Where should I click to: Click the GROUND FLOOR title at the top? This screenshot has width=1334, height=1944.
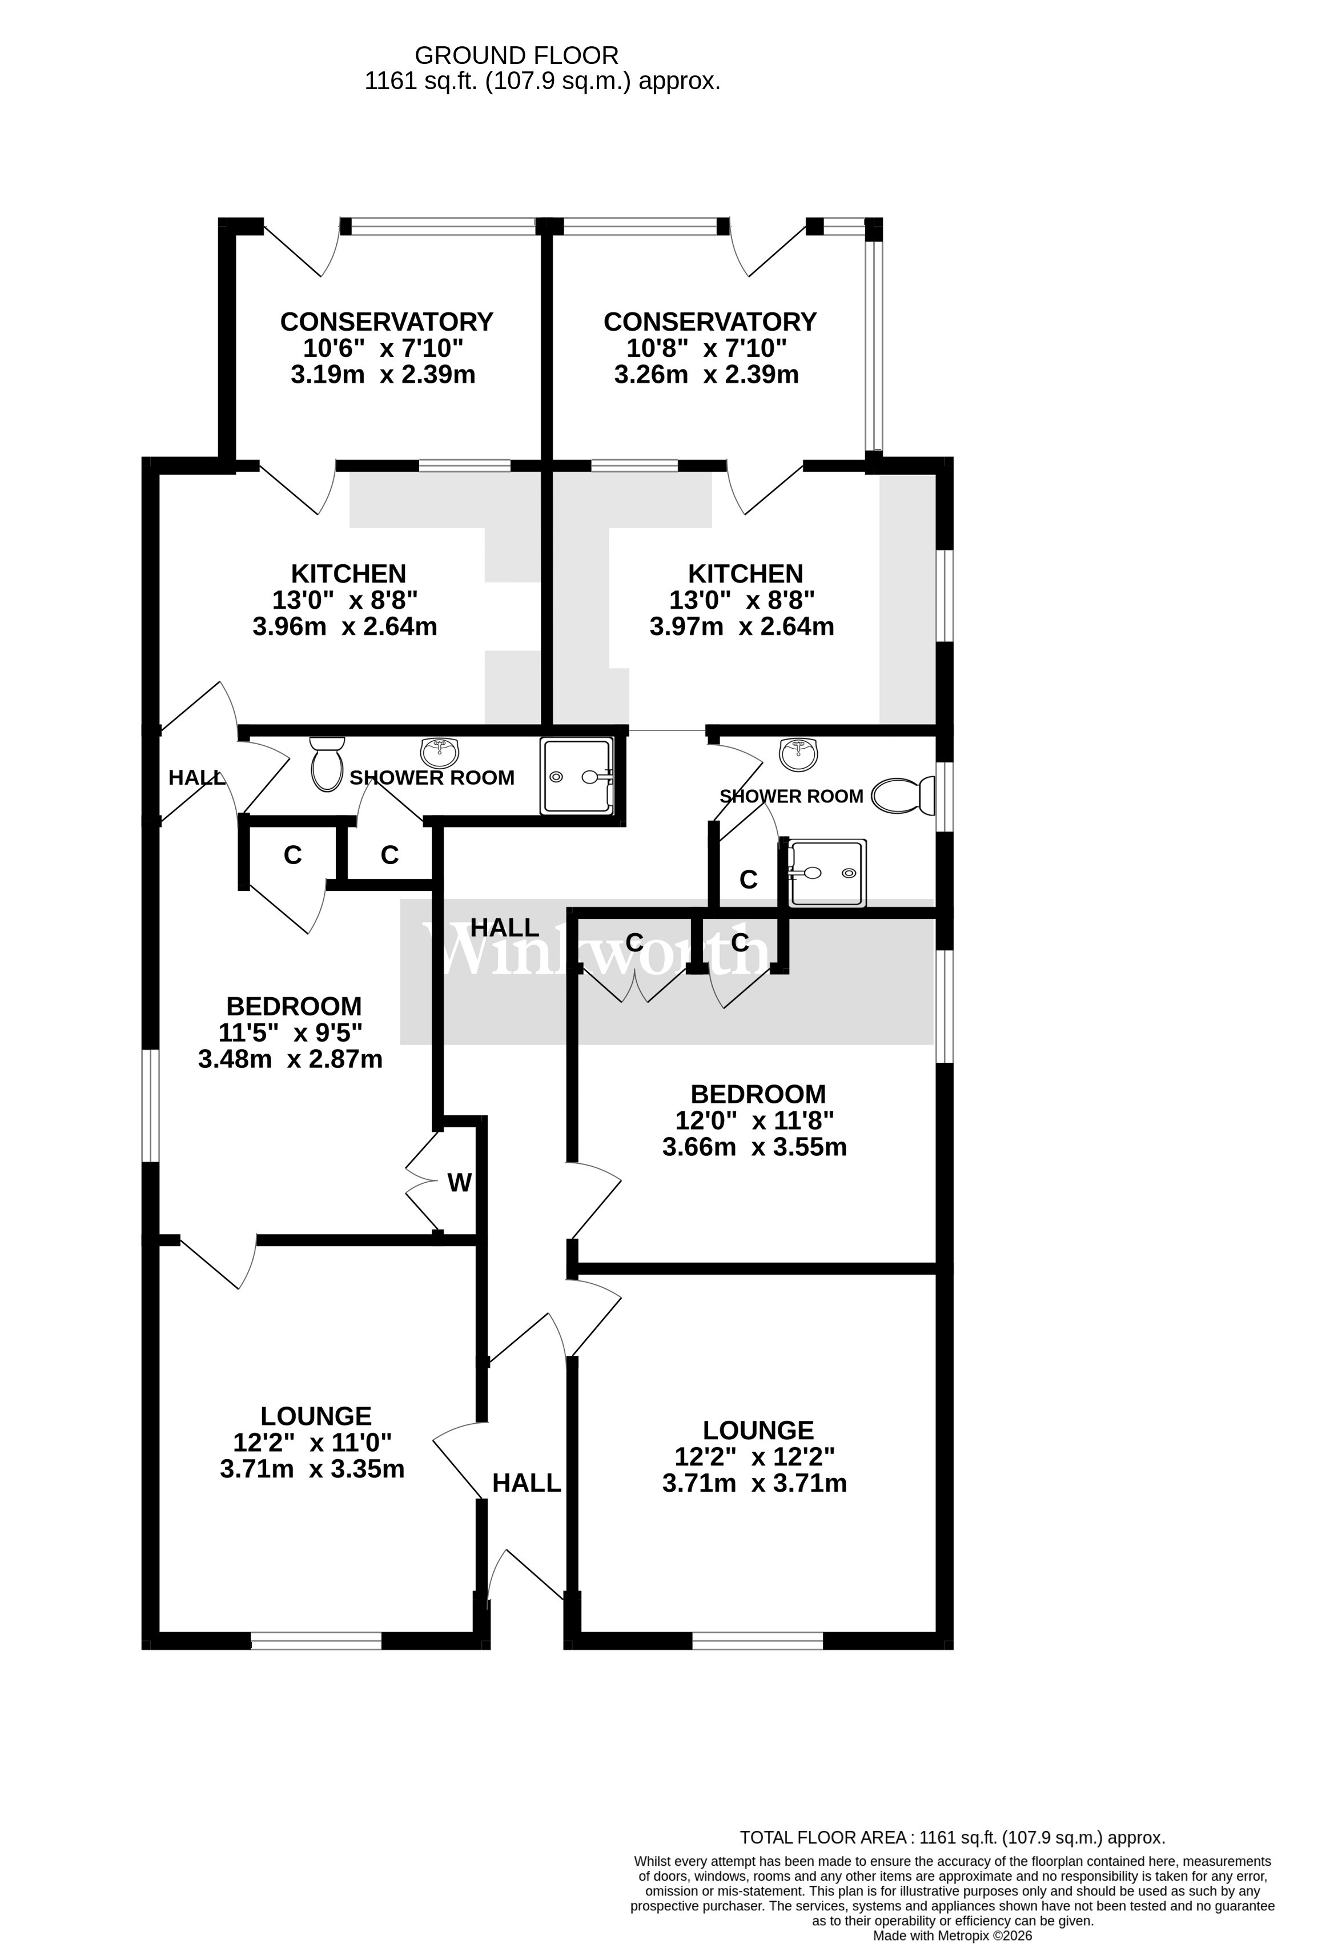(x=516, y=55)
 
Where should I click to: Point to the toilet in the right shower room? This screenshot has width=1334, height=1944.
(x=902, y=796)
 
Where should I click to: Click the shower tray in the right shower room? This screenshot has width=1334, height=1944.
(x=827, y=873)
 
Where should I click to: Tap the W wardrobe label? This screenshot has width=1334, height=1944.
(x=459, y=1182)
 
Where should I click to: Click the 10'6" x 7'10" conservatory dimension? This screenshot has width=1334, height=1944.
(x=383, y=348)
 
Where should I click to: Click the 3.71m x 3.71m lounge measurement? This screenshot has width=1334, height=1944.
(x=754, y=1483)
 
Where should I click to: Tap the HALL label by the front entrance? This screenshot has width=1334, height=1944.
(x=526, y=1483)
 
